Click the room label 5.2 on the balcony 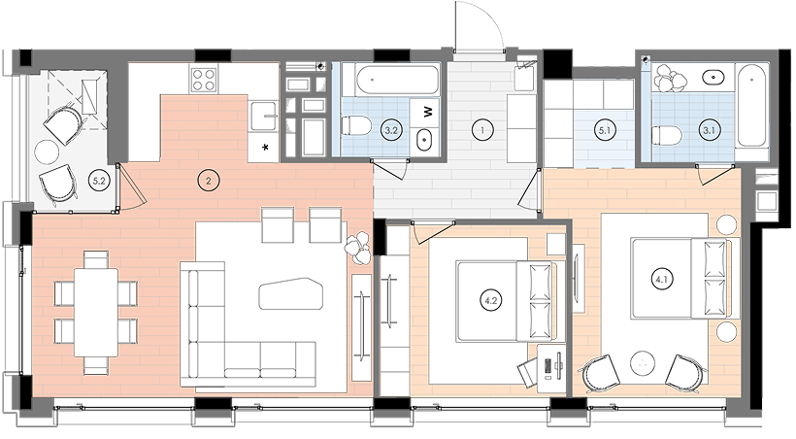[96, 179]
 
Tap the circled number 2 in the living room [208, 180]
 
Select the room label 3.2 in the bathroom [390, 130]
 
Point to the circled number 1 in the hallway [481, 130]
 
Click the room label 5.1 [604, 130]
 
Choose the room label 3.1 [709, 130]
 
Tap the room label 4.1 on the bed [661, 279]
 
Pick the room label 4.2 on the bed [490, 300]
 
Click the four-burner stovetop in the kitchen [204, 79]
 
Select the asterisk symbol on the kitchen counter [264, 148]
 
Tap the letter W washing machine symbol [429, 111]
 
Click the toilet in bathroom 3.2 [356, 126]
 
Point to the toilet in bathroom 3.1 [666, 135]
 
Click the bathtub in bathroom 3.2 [397, 80]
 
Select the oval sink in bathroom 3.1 [713, 78]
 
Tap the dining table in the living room [96, 313]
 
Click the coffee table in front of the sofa [291, 293]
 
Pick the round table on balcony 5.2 [47, 152]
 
